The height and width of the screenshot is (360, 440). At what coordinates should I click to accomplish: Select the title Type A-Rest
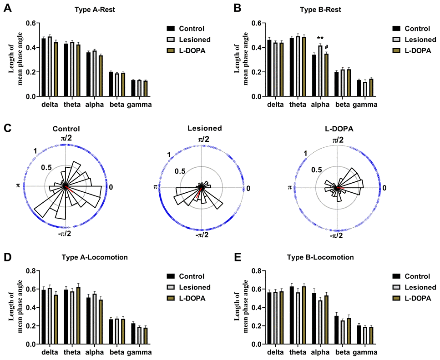[94, 10]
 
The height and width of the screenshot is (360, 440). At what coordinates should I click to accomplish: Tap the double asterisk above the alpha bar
[320, 38]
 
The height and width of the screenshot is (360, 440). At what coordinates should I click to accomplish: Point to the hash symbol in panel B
[326, 47]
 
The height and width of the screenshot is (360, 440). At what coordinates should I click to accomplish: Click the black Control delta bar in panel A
[44, 68]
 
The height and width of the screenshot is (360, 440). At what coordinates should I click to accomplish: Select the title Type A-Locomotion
[94, 258]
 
